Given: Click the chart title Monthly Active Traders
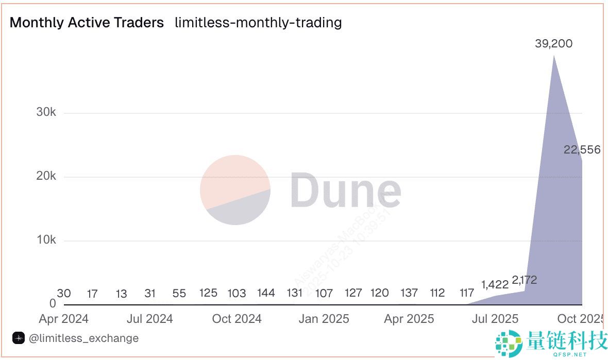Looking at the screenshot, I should click(x=87, y=23).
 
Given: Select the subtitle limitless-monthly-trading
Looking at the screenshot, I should click(x=258, y=23).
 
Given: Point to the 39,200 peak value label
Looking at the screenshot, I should click(x=553, y=44).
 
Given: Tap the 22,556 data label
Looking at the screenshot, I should click(x=582, y=150).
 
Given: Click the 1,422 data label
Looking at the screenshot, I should click(x=495, y=284).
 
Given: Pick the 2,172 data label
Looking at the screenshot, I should click(x=525, y=280).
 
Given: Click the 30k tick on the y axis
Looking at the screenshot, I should click(x=46, y=112).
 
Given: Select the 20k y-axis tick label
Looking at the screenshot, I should click(x=46, y=176).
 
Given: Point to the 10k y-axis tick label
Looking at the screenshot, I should click(x=46, y=240).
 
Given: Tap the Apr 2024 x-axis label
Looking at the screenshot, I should click(x=63, y=319).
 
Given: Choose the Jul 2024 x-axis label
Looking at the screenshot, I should click(x=149, y=319).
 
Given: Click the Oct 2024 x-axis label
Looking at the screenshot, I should click(x=237, y=319).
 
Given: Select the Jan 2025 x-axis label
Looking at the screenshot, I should click(x=324, y=319).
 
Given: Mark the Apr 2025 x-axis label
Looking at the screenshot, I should click(x=409, y=319).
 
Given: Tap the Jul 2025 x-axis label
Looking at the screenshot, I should click(x=495, y=319).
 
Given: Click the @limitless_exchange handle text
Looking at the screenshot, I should click(x=83, y=338).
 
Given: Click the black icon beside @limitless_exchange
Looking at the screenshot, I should click(x=19, y=338).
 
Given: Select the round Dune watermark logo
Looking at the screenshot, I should click(x=235, y=190).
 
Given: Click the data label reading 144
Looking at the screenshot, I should click(x=266, y=293).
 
